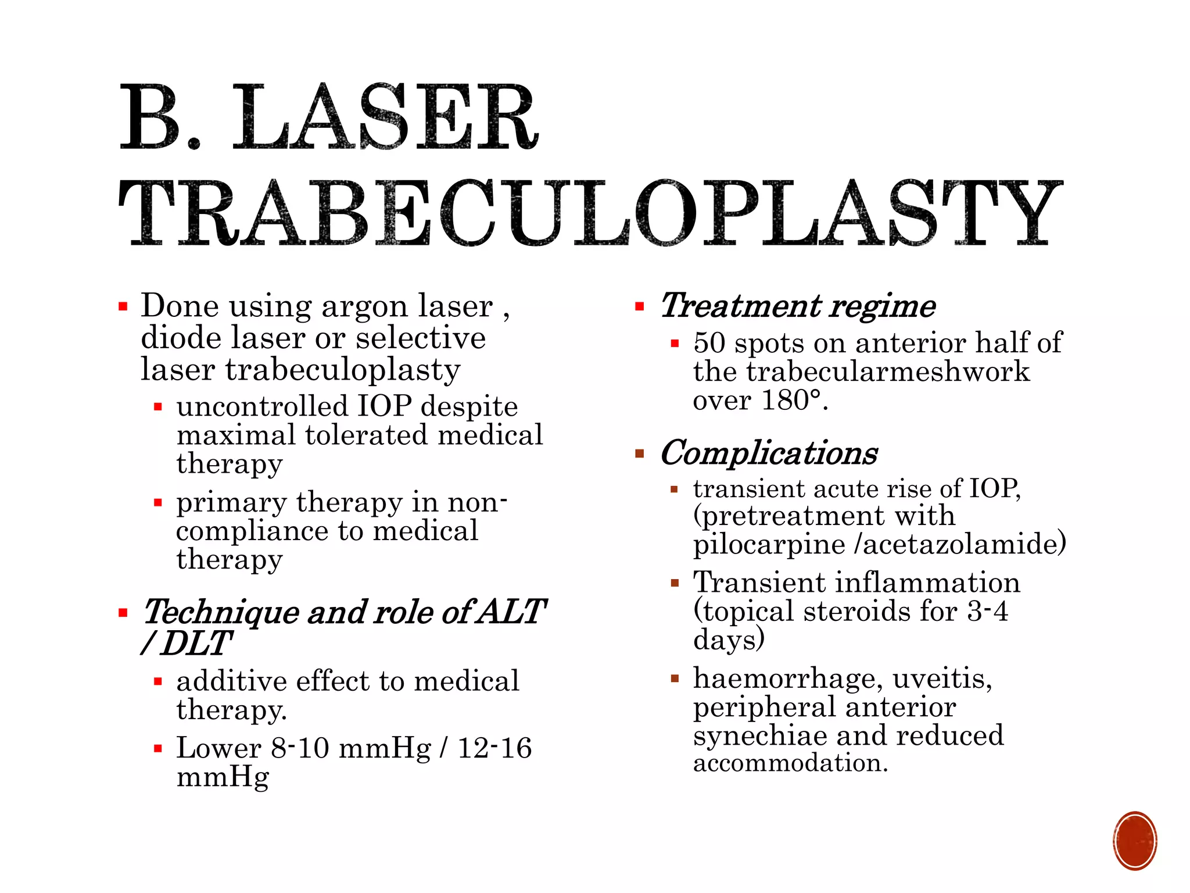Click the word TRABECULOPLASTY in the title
590,213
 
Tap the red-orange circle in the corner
1135,841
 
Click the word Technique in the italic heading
220,613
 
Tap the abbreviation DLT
196,644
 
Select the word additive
232,681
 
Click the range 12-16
494,748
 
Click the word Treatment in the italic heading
741,306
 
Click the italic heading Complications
769,453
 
